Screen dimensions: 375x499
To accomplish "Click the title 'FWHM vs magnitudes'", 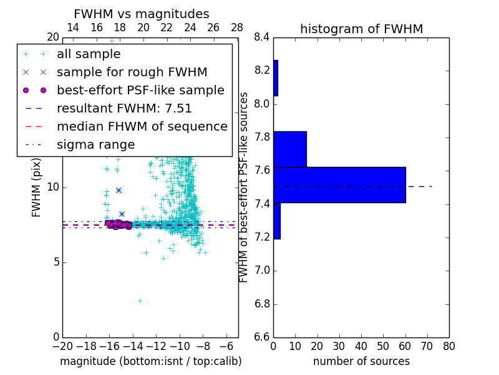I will click(142, 14).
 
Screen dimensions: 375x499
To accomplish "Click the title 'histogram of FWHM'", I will click(361, 29).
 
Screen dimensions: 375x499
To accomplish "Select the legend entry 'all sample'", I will click(89, 54).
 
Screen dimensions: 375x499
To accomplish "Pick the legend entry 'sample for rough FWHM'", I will click(132, 72).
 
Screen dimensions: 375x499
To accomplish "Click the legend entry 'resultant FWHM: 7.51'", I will click(124, 108).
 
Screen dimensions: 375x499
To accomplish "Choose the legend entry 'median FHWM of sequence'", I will click(142, 126).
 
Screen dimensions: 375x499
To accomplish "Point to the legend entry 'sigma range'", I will click(95, 144).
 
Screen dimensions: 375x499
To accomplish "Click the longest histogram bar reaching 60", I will click(339, 184).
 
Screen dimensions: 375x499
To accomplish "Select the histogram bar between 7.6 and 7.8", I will click(290, 149).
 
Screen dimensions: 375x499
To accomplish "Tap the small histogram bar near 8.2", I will click(276, 78).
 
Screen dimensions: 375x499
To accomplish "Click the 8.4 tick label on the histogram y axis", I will click(261, 37).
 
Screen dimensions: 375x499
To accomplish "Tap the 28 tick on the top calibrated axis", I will click(237, 27).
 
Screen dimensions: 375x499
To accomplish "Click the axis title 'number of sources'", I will click(361, 361).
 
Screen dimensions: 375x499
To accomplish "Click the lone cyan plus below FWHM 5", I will click(140, 301).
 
